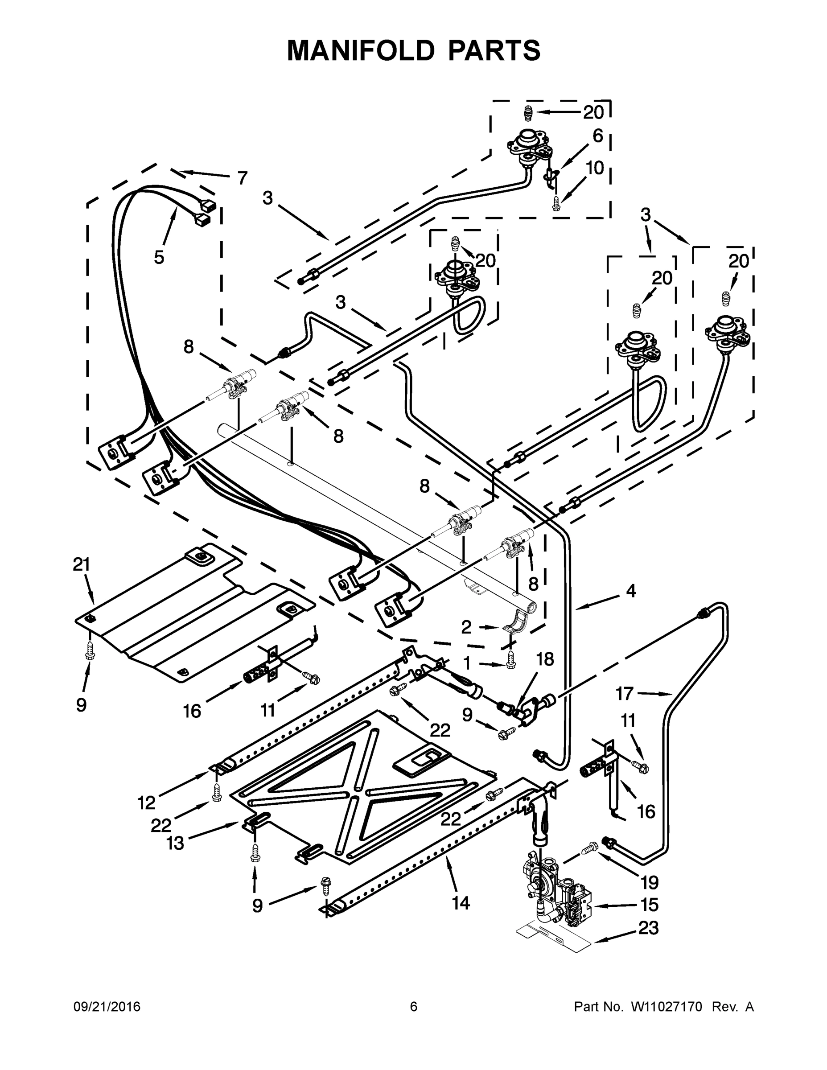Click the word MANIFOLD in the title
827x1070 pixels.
pos(361,51)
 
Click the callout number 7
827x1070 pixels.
pos(242,178)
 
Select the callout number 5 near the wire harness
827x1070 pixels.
pos(159,257)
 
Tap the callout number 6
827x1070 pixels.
pos(598,136)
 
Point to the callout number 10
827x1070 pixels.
pos(595,168)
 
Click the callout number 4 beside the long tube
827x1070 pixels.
pos(631,591)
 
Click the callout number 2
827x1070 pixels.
pos(466,626)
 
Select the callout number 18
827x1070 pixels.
pos(545,659)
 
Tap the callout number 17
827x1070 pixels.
pos(625,693)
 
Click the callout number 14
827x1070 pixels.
pos(461,902)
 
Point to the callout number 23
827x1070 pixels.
pos(649,927)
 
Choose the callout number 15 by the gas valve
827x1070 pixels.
pos(649,905)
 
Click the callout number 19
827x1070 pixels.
pos(650,882)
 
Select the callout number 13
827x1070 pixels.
pos(175,843)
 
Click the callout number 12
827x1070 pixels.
pos(147,802)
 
